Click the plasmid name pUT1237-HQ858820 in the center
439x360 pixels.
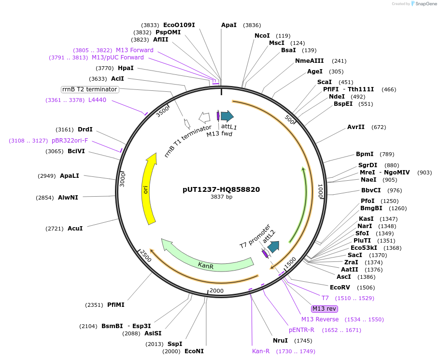point(221,189)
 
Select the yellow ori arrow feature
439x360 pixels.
point(150,188)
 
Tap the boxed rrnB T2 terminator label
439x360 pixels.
point(90,89)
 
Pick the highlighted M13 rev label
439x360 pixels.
point(324,309)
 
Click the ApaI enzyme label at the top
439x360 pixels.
point(228,25)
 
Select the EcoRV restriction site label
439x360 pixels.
point(332,287)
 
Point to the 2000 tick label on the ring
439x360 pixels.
point(216,290)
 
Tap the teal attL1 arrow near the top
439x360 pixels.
point(227,115)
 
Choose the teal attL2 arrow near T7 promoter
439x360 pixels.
point(273,247)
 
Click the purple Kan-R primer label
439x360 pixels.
point(261,351)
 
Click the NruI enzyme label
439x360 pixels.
point(280,340)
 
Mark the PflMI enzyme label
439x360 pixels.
point(116,304)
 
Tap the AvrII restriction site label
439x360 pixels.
point(356,127)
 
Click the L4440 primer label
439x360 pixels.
point(97,100)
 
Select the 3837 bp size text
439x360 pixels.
point(221,197)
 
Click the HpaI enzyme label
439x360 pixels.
point(126,68)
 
